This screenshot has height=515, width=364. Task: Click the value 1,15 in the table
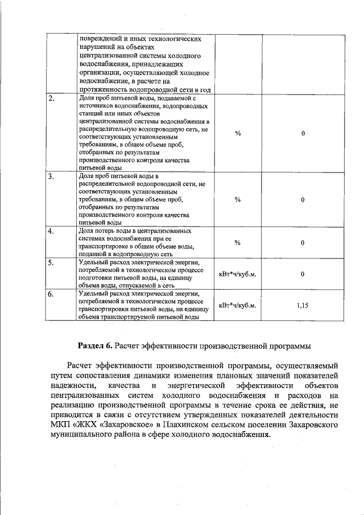(x=303, y=306)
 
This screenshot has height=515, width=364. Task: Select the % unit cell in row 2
(x=238, y=133)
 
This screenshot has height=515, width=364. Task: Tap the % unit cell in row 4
(x=238, y=243)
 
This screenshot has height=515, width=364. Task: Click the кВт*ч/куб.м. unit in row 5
(x=238, y=274)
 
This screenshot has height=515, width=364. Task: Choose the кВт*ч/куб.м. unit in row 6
(x=238, y=306)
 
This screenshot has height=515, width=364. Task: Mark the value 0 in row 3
(x=303, y=200)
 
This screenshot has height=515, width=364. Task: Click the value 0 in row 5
(x=303, y=274)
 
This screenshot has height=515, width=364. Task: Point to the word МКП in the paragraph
(x=60, y=425)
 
